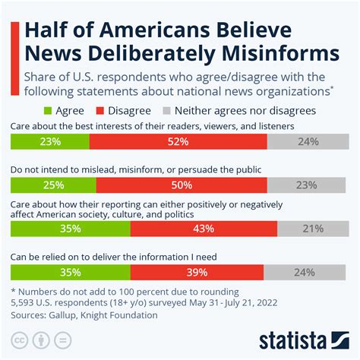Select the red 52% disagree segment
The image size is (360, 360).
click(x=178, y=141)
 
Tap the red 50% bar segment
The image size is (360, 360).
click(x=181, y=185)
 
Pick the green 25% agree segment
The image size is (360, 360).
click(x=53, y=185)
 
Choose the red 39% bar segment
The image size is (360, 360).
click(x=197, y=273)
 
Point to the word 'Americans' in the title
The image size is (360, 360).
click(x=147, y=30)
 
